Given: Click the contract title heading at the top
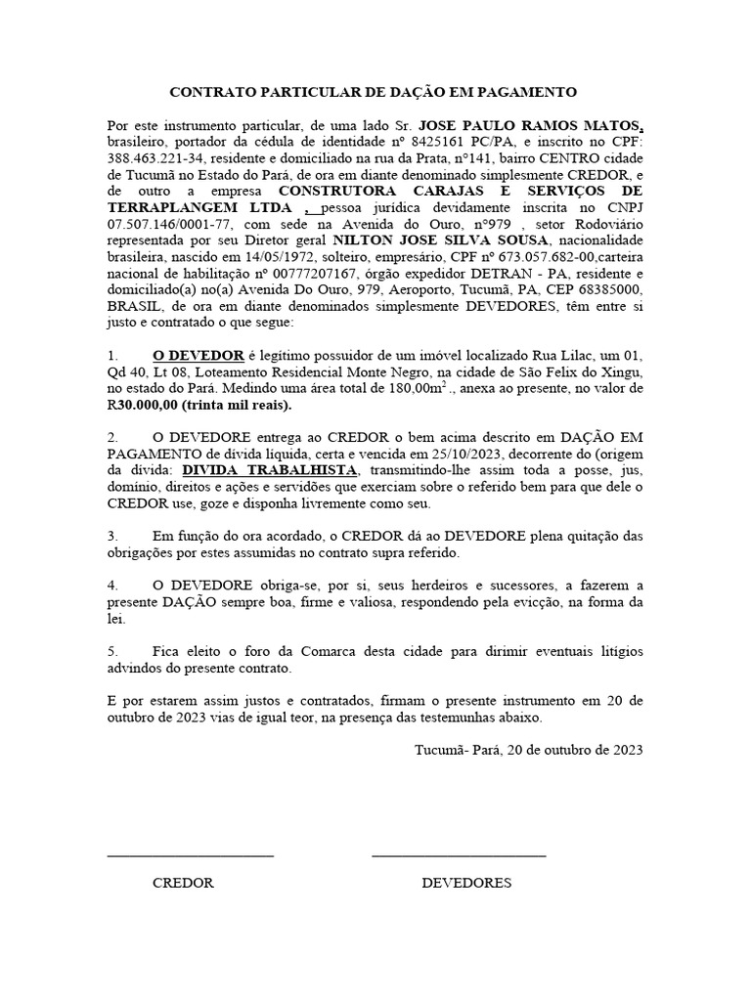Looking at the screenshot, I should [x=375, y=92].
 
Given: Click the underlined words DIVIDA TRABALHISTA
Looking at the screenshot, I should [x=269, y=472].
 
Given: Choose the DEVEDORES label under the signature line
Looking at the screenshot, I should [x=466, y=882].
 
